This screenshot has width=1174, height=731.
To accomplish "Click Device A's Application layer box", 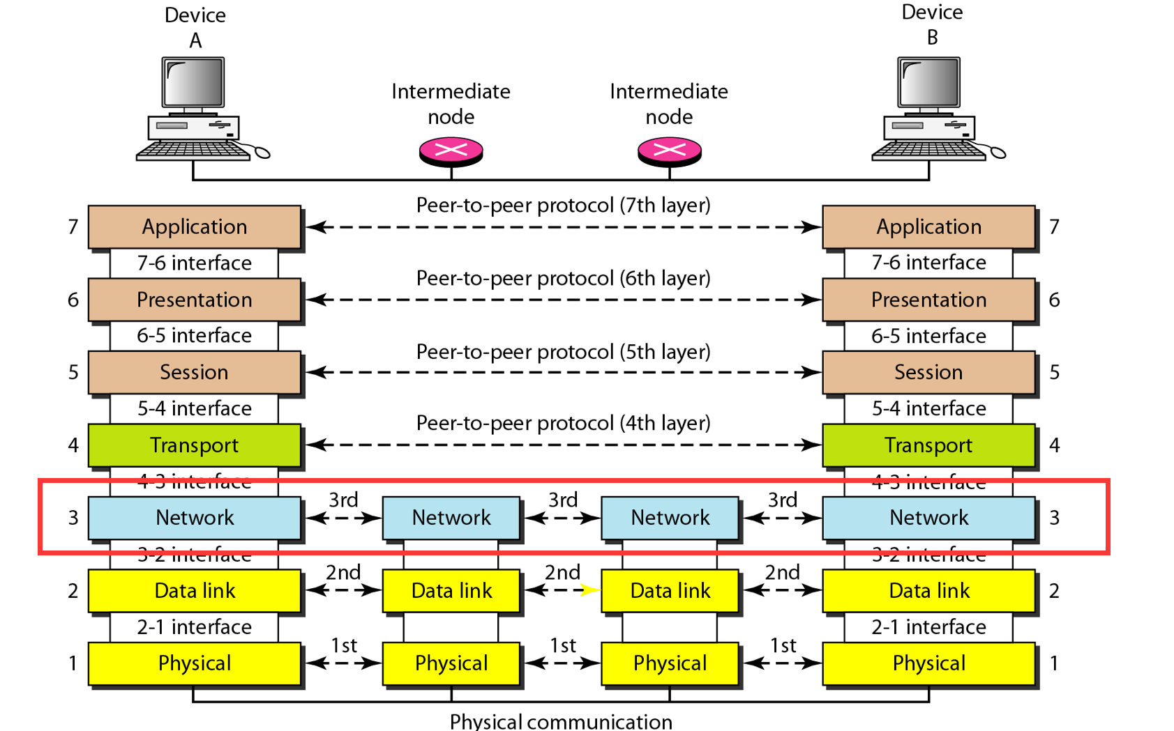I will pos(195,226).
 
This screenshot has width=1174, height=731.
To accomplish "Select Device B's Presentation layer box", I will pos(928,300).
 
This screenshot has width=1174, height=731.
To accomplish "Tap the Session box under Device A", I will pos(195,372).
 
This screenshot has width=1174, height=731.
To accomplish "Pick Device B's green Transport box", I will pos(928,445).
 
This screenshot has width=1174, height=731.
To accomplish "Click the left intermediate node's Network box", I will pos(451,518).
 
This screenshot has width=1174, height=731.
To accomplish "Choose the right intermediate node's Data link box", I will pos(670,591).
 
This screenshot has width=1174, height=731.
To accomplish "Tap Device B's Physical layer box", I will pos(928,663).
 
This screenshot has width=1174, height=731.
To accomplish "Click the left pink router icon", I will pos(451,151).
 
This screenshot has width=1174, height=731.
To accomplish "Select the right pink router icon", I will pos(670,151).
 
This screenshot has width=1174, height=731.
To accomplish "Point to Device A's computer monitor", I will pos(193,83).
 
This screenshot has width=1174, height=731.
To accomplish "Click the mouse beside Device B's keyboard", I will pos(998,153).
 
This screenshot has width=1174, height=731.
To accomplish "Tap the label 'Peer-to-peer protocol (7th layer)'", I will pos(563,206).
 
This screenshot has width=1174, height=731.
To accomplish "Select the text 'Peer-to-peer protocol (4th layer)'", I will pos(563,423).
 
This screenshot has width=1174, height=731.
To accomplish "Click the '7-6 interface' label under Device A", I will pos(194,263).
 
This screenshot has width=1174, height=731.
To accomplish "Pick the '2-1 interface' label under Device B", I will pos(928,627).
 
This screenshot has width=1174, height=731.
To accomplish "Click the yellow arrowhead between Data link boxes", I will pos(589,591).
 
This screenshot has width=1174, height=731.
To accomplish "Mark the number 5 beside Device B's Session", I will pos(1054,372).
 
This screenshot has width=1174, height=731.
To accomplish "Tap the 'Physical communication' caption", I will pos(561,721).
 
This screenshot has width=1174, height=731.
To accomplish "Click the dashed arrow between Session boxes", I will pos(563,372).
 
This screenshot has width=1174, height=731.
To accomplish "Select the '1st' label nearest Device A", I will pos(344,646).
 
